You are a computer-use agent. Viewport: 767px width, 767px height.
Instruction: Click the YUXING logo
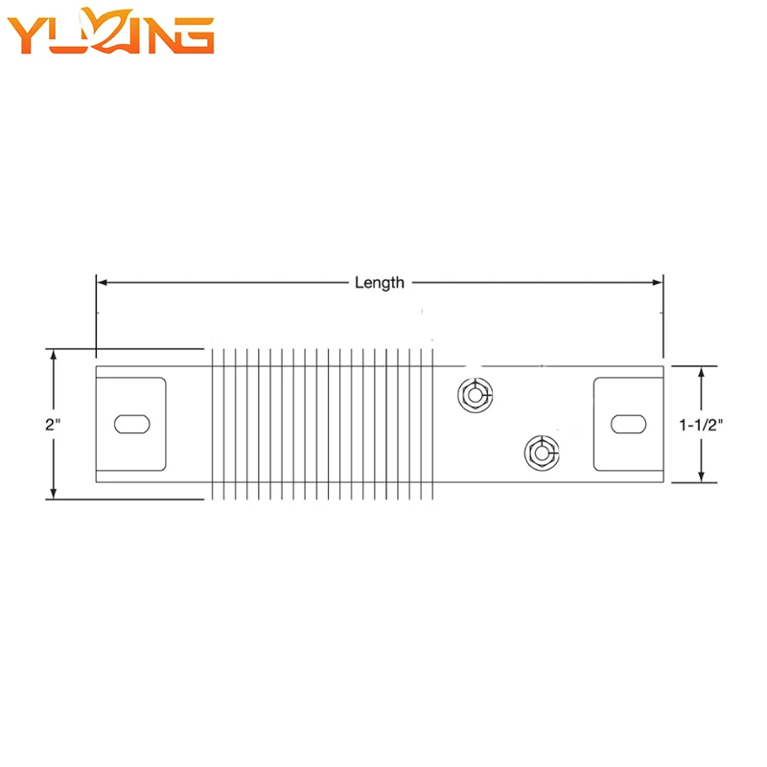110,31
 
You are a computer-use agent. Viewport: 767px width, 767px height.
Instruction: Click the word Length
380,283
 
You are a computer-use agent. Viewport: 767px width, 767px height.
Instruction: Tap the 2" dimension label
53,424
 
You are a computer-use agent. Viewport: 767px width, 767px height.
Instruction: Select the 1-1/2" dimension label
701,425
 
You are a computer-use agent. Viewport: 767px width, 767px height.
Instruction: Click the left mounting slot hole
132,424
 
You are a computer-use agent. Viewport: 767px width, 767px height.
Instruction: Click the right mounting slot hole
629,424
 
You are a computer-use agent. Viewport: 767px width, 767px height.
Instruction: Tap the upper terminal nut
475,395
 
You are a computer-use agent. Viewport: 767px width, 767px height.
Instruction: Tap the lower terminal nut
542,453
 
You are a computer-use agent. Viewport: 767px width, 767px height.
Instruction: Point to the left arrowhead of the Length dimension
102,282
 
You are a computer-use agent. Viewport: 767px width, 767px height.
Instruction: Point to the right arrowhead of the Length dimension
658,282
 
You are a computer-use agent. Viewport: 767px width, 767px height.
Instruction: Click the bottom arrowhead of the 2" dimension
54,494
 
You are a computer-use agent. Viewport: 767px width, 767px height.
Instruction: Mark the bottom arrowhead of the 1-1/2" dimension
701,476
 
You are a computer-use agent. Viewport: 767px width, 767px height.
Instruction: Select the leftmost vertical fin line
212,424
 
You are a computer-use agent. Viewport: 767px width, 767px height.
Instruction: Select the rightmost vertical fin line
433,424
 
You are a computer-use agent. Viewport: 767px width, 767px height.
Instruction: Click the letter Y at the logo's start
27,35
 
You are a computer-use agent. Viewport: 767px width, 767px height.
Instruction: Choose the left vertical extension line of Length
97,316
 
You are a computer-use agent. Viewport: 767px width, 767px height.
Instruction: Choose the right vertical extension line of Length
663,316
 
